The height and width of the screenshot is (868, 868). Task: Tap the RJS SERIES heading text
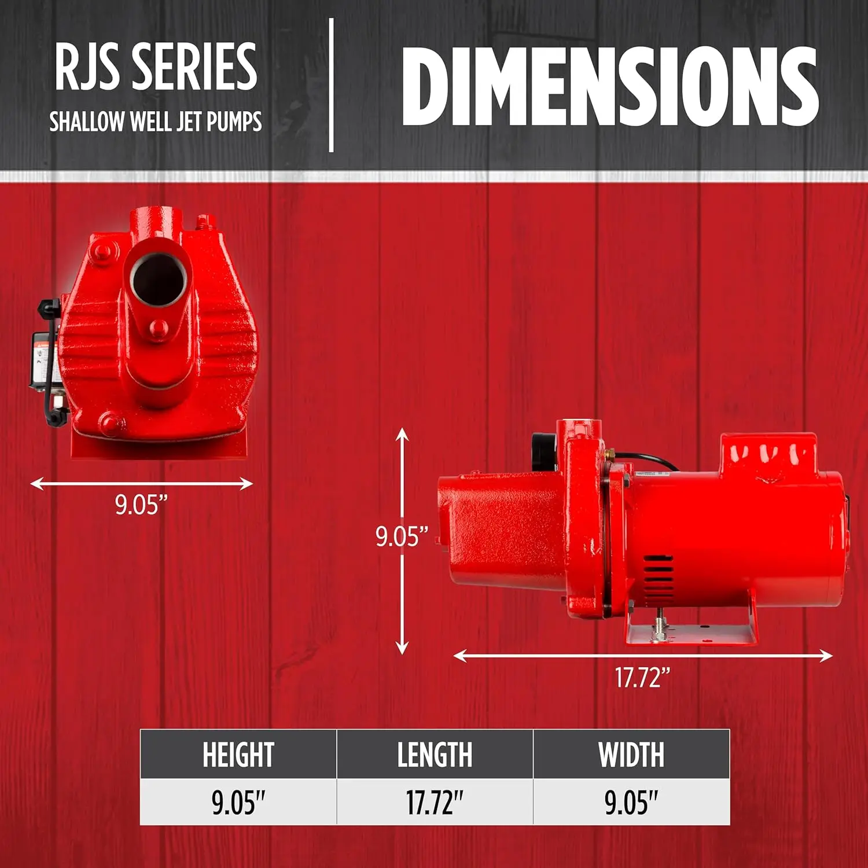pos(156,67)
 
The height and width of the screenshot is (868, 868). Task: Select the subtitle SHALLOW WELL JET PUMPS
pos(155,122)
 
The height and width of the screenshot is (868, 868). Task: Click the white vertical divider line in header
pos(331,86)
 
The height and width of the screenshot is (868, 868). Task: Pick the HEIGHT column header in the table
pos(238,755)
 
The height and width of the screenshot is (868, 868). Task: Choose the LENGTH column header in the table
pos(435,755)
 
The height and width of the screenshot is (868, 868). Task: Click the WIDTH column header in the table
pos(631,755)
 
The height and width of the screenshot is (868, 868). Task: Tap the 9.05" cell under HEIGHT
pos(238,803)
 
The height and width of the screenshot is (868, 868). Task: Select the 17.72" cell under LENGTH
pos(435,803)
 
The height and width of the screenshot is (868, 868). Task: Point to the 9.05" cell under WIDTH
pos(631,803)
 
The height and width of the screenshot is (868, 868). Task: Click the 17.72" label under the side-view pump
pos(642,678)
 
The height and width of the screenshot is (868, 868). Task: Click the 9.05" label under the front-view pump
pos(141,505)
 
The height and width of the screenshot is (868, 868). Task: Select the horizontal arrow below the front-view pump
pos(141,483)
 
